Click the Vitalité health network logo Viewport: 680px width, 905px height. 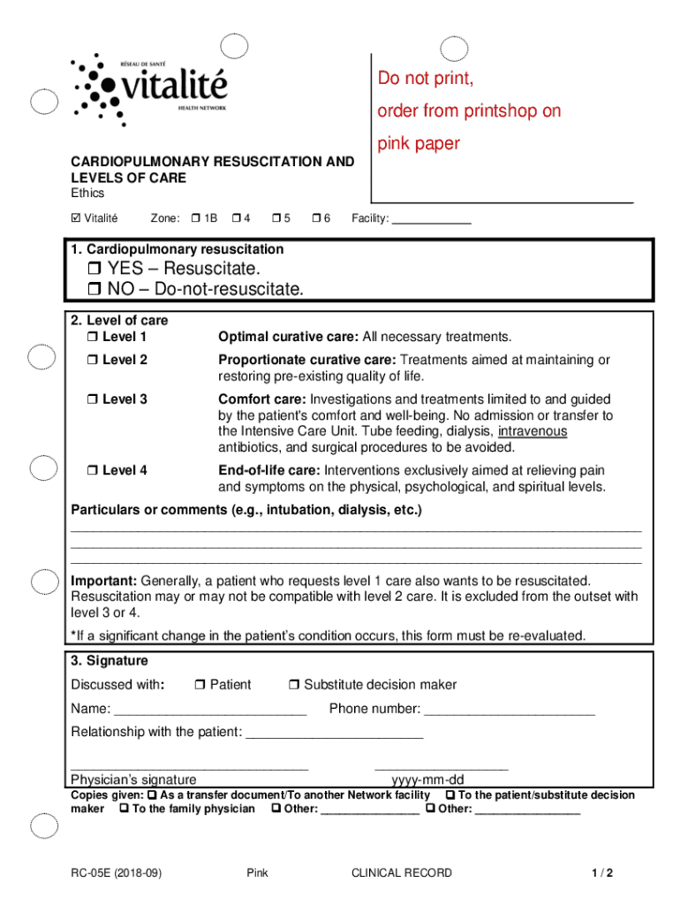(x=150, y=87)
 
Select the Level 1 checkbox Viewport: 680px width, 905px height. (x=92, y=338)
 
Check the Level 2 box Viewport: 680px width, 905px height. (x=92, y=361)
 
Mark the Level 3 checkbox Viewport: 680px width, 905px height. (x=92, y=399)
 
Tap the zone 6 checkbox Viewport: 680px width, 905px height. (x=318, y=218)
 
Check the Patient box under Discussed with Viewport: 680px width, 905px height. (x=200, y=685)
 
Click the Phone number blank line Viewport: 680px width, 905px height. (x=510, y=711)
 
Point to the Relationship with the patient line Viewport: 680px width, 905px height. (x=335, y=735)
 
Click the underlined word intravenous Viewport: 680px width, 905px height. (x=533, y=431)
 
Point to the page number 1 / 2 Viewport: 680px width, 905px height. (x=603, y=873)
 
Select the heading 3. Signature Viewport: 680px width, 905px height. (x=110, y=661)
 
